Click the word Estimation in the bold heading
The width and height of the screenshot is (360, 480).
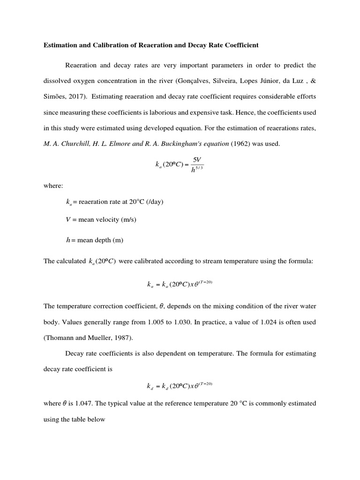60,45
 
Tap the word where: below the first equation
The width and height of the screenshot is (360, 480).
53,186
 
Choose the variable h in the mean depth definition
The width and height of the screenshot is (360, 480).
68,240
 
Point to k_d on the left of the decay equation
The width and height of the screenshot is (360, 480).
150,387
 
